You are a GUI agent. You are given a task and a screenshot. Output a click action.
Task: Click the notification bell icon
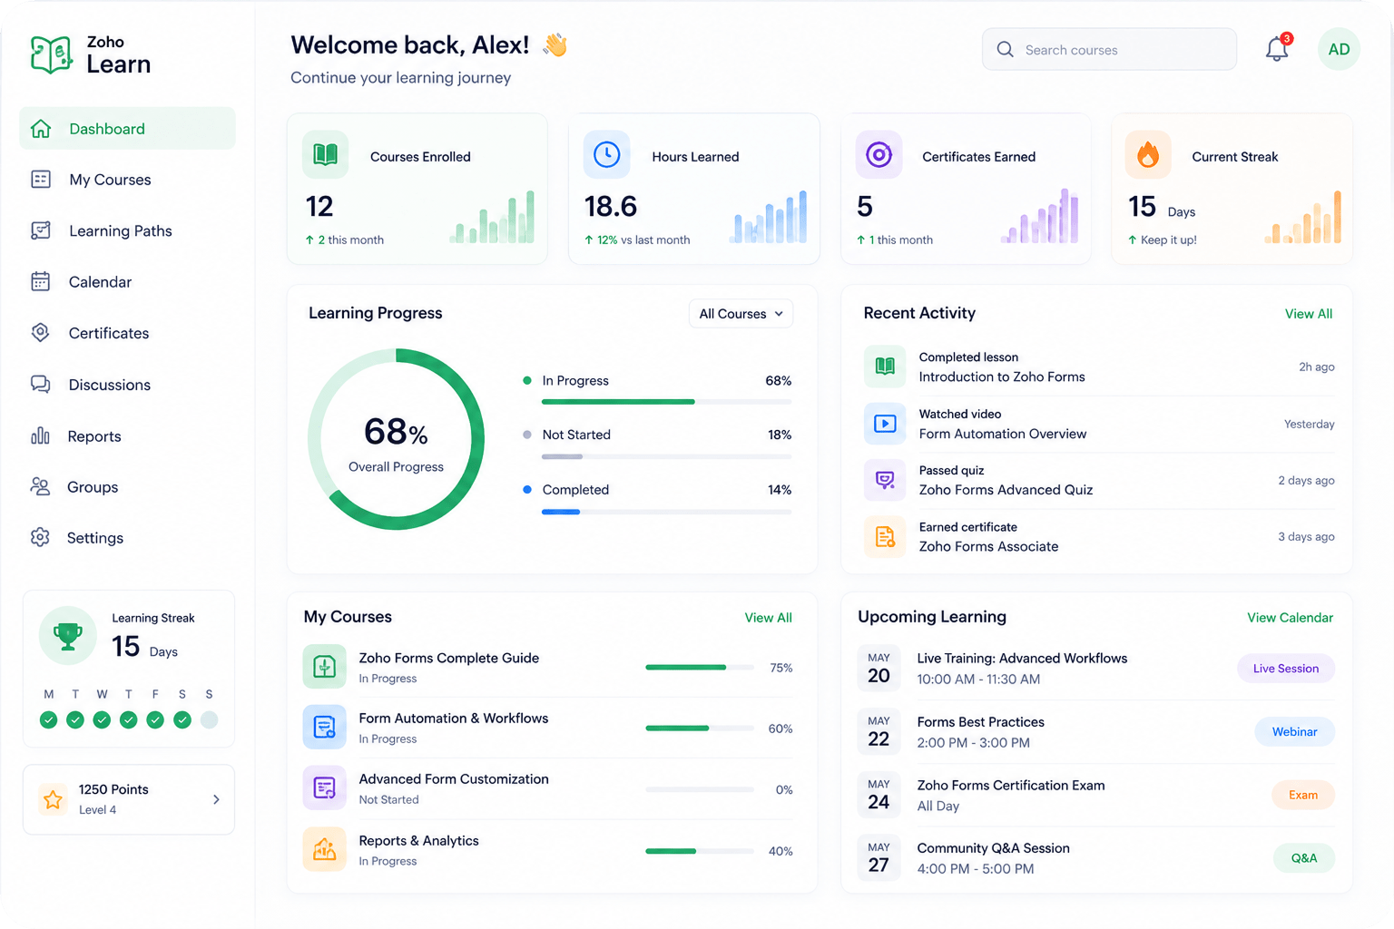click(x=1277, y=49)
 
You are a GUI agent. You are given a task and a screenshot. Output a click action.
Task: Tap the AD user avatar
click(x=1339, y=49)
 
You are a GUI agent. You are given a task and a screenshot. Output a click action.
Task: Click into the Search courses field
click(x=1109, y=49)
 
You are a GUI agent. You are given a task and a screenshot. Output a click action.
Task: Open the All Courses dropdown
click(x=741, y=314)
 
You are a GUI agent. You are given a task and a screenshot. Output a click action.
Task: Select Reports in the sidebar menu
click(x=94, y=436)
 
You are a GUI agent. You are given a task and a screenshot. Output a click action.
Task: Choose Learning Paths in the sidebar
click(x=120, y=230)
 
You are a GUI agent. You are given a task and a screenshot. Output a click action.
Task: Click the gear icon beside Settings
click(x=41, y=538)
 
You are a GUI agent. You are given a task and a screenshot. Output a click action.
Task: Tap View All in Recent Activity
click(x=1308, y=314)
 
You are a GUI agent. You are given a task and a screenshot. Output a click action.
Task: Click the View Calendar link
click(x=1290, y=618)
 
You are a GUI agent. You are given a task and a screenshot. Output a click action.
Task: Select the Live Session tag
click(x=1286, y=669)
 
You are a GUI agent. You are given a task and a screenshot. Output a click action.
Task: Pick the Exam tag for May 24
click(x=1303, y=795)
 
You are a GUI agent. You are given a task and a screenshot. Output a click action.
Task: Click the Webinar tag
click(x=1294, y=732)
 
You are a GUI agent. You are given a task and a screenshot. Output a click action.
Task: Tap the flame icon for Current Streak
click(x=1147, y=155)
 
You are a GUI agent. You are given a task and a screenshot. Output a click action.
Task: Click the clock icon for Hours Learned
click(x=606, y=155)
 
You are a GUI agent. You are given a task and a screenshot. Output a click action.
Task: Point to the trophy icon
click(x=68, y=636)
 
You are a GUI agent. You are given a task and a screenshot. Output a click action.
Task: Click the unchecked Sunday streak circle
click(x=209, y=720)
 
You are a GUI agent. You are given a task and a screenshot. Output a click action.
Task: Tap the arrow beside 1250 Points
click(x=216, y=799)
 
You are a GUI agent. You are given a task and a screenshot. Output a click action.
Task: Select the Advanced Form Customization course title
click(x=454, y=779)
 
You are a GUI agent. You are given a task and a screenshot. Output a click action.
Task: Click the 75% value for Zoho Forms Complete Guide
click(x=781, y=668)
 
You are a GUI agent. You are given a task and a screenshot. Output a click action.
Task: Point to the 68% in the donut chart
click(x=396, y=432)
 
